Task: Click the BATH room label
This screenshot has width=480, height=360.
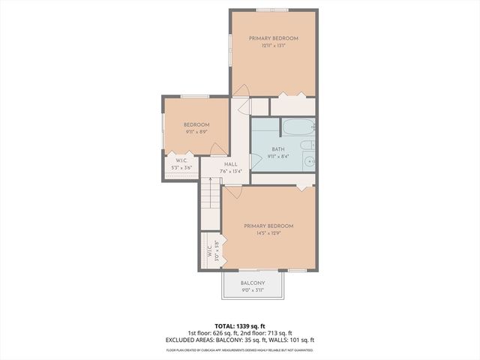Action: (279, 149)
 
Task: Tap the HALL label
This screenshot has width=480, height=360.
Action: (230, 164)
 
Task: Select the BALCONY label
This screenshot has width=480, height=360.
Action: (253, 283)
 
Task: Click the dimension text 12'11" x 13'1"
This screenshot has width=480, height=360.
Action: (274, 46)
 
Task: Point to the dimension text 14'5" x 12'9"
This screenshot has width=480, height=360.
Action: (268, 233)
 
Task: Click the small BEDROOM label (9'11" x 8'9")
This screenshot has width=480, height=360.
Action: (196, 124)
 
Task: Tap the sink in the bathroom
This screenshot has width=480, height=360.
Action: (307, 160)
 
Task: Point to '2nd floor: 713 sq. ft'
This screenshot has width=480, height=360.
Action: (268, 334)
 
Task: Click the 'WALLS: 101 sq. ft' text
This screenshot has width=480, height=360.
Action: (291, 340)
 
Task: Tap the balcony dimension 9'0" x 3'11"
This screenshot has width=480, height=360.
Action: (253, 291)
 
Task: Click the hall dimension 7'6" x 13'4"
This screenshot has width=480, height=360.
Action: (230, 172)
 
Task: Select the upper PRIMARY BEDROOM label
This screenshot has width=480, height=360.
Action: (274, 38)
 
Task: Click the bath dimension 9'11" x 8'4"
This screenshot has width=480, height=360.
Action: (279, 157)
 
